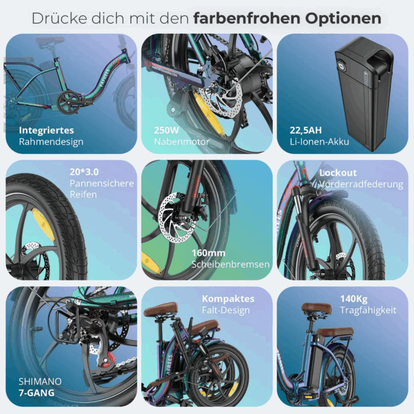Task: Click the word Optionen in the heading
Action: click(343, 18)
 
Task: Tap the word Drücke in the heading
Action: click(59, 18)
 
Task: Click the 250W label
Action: click(166, 130)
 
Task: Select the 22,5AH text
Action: click(306, 130)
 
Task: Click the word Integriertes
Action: click(46, 131)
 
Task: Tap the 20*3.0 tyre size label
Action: click(84, 172)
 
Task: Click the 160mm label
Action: click(208, 253)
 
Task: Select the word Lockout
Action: click(338, 173)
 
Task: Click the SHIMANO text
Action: click(40, 381)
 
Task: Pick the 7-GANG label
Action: click(37, 393)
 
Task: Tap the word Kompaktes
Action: click(228, 299)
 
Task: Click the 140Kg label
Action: click(354, 299)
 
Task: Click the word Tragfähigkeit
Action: click(368, 310)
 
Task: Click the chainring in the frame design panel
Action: click(69, 102)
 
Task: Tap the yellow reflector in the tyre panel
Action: click(43, 224)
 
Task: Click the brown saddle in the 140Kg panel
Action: click(316, 308)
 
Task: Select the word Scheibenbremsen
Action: click(231, 264)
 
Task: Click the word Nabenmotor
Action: click(182, 142)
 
